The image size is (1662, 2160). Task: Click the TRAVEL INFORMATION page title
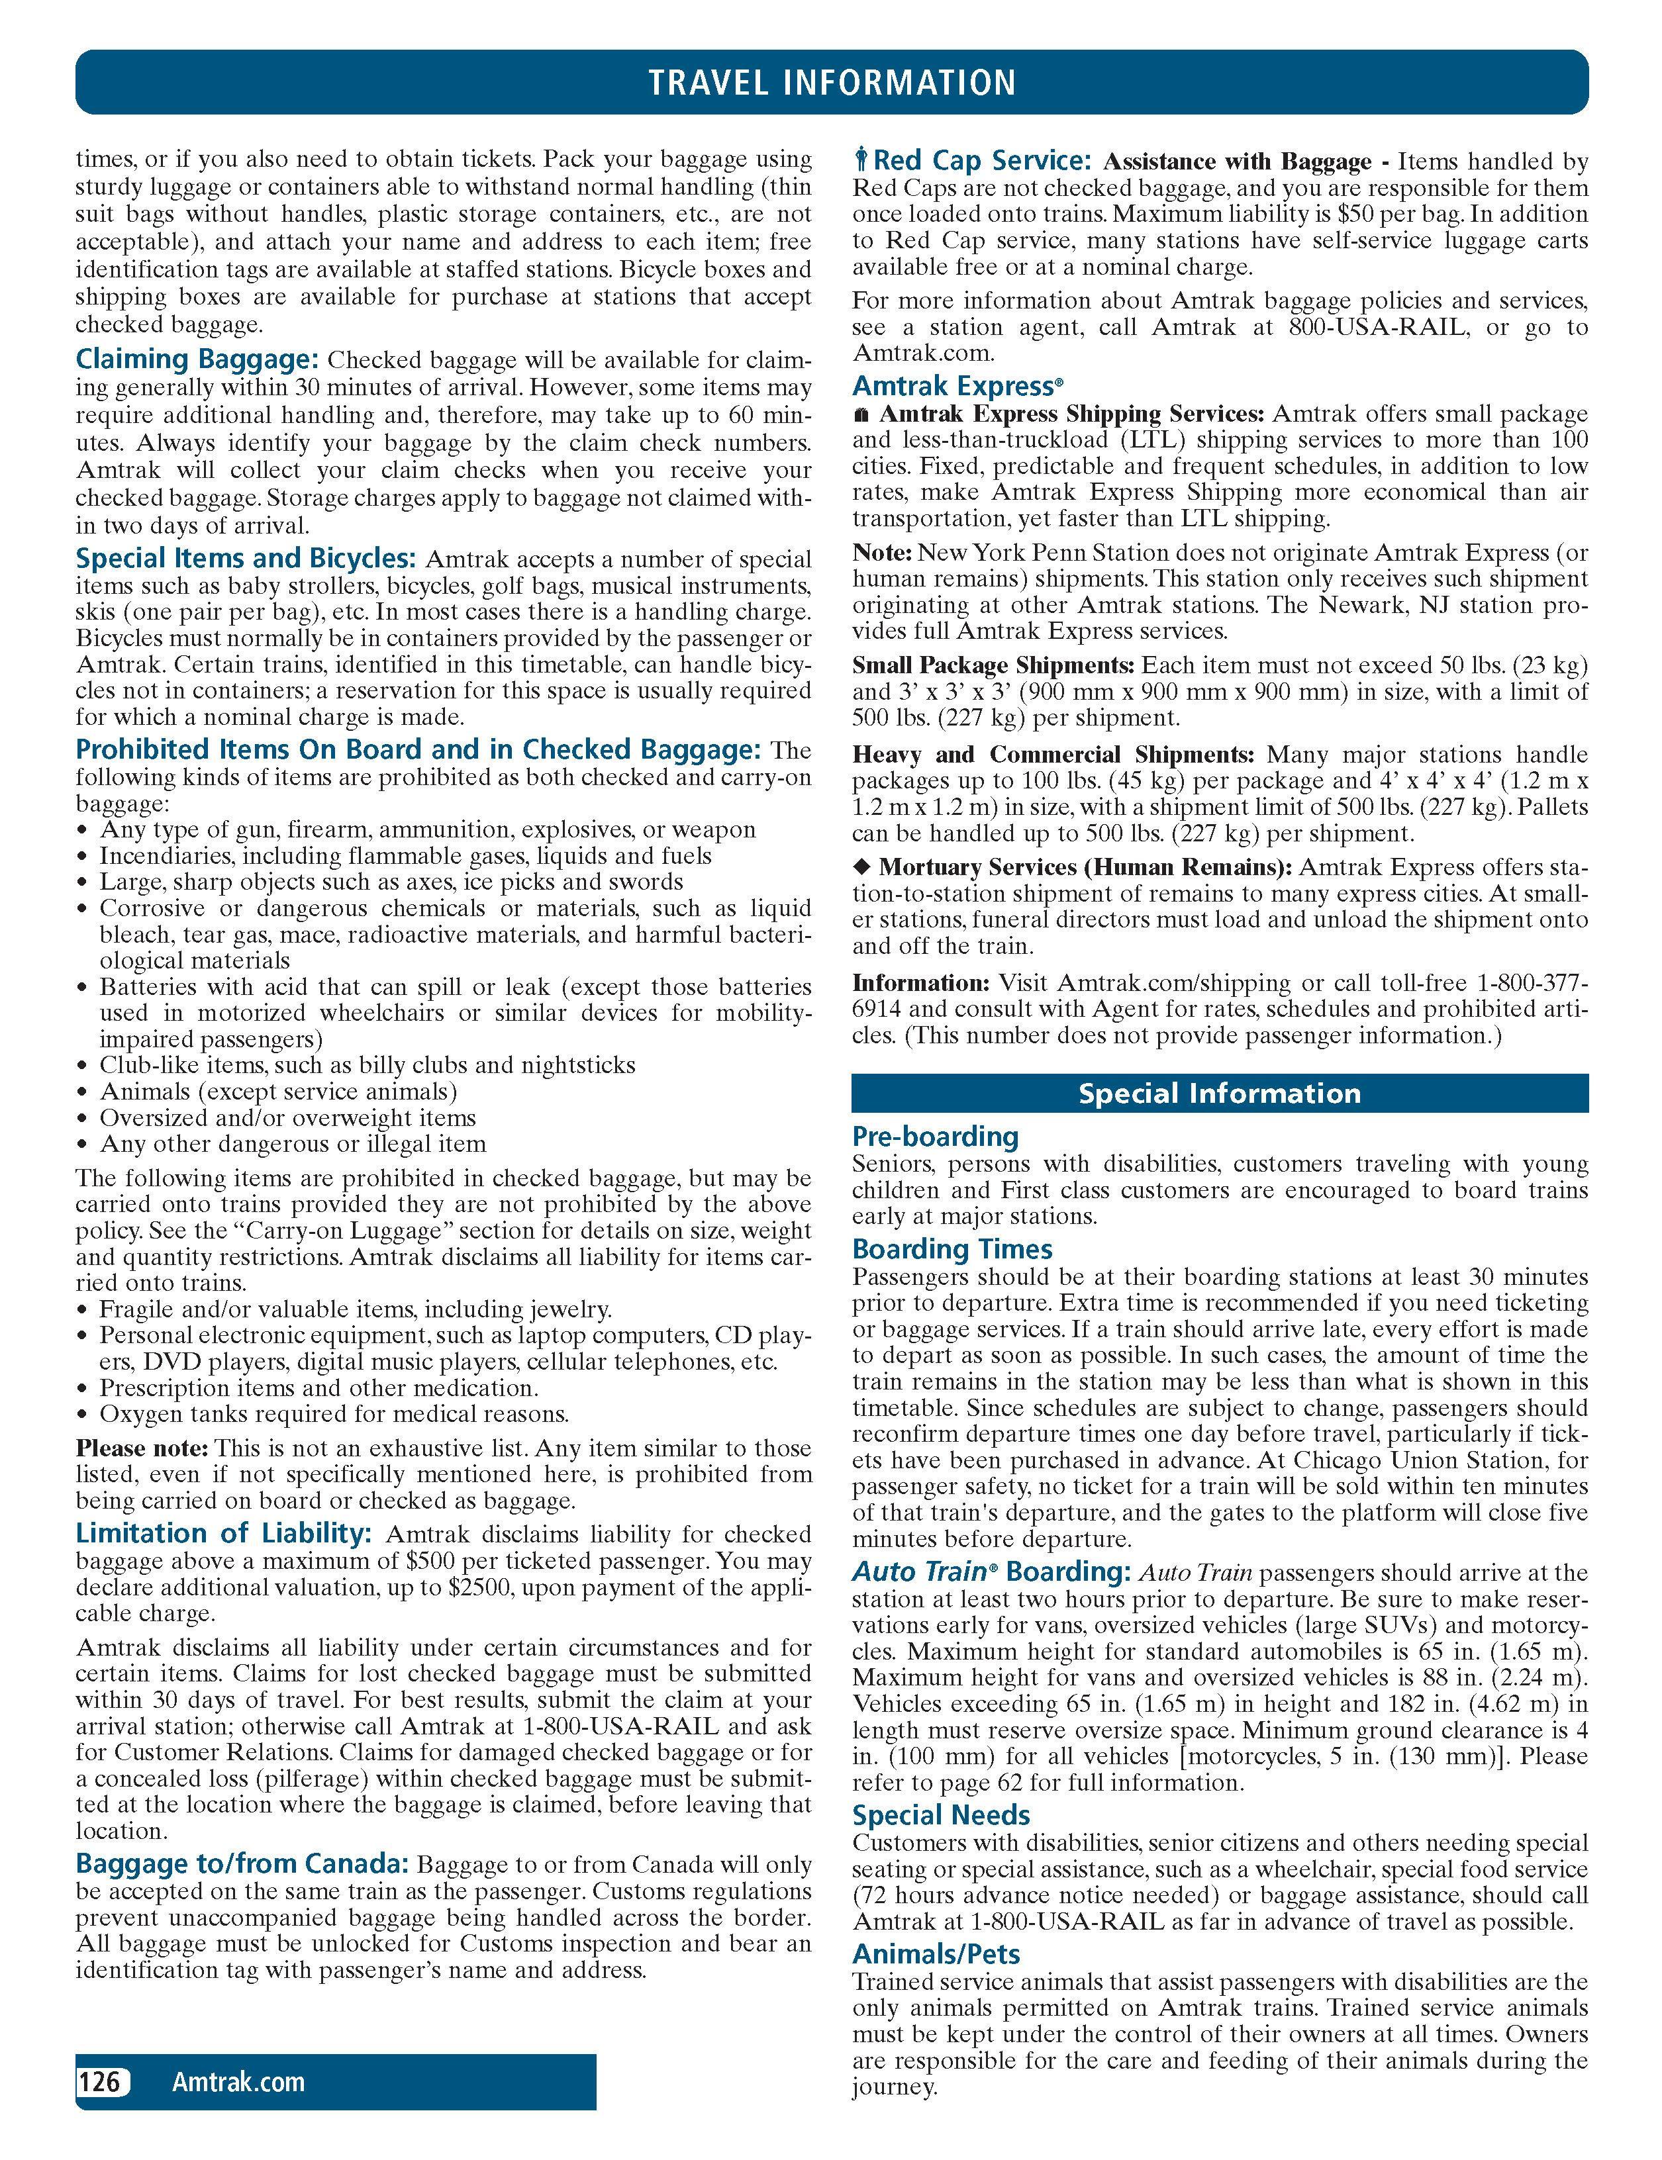tap(831, 82)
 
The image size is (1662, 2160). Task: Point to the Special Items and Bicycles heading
tap(246, 559)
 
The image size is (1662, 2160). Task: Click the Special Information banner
tap(1219, 1093)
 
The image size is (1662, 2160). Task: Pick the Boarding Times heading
tap(952, 1249)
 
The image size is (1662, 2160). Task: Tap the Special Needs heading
tap(941, 1815)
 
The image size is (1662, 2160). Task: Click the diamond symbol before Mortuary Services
tap(861, 867)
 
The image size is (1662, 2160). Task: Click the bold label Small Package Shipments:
tap(993, 665)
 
